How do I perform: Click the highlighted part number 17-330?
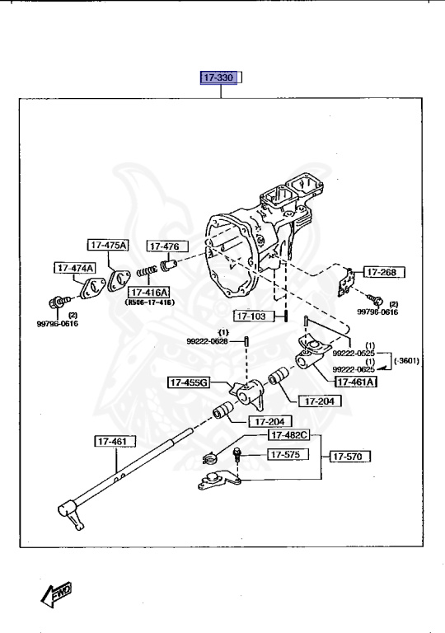pyautogui.click(x=219, y=78)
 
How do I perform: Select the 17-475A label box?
pyautogui.click(x=108, y=245)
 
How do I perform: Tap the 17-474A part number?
pyautogui.click(x=75, y=268)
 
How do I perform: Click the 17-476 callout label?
pyautogui.click(x=167, y=246)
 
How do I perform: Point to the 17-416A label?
pyautogui.click(x=148, y=293)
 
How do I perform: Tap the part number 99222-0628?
pyautogui.click(x=207, y=340)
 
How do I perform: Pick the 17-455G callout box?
pyautogui.click(x=189, y=382)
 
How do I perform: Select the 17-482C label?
pyautogui.click(x=288, y=434)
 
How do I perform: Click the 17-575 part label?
pyautogui.click(x=286, y=454)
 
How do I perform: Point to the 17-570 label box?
pyautogui.click(x=351, y=455)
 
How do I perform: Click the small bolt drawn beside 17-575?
pyautogui.click(x=237, y=454)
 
